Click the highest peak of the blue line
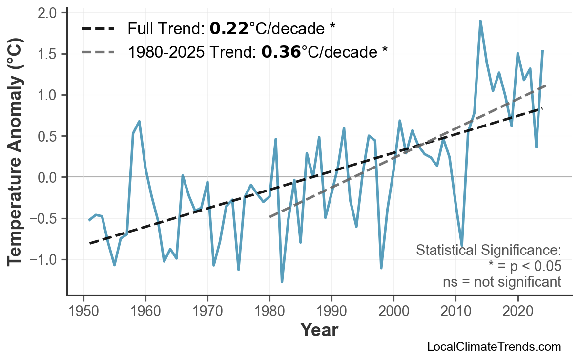pos(480,21)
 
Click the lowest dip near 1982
pos(282,282)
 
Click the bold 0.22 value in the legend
pos(229,29)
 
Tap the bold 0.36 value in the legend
pos(281,52)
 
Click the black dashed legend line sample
pos(98,29)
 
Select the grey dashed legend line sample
pos(98,52)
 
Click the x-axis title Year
pos(319,331)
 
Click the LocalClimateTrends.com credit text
pos(494,347)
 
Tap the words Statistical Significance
pos(488,251)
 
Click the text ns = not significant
pos(502,282)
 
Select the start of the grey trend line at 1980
pos(270,216)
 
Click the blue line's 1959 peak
pos(139,121)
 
